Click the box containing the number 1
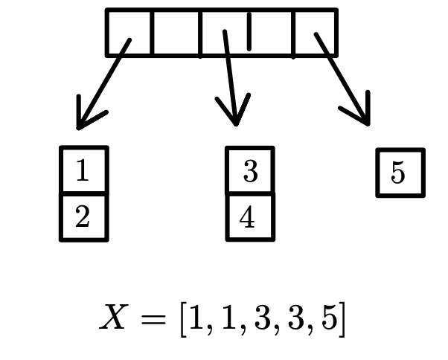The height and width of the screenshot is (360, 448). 83,171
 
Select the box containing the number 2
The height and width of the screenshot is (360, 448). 83,217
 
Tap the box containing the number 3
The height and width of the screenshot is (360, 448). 250,171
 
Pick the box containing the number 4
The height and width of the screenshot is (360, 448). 250,217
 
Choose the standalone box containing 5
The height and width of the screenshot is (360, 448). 400,173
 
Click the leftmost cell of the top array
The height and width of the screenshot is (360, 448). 129,32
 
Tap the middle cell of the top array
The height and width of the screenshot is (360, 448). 223,32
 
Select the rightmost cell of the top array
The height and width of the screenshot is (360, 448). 314,32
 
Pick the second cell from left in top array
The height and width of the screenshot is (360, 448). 176,32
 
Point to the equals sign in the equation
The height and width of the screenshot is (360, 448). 153,319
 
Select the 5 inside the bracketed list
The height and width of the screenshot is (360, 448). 327,319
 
